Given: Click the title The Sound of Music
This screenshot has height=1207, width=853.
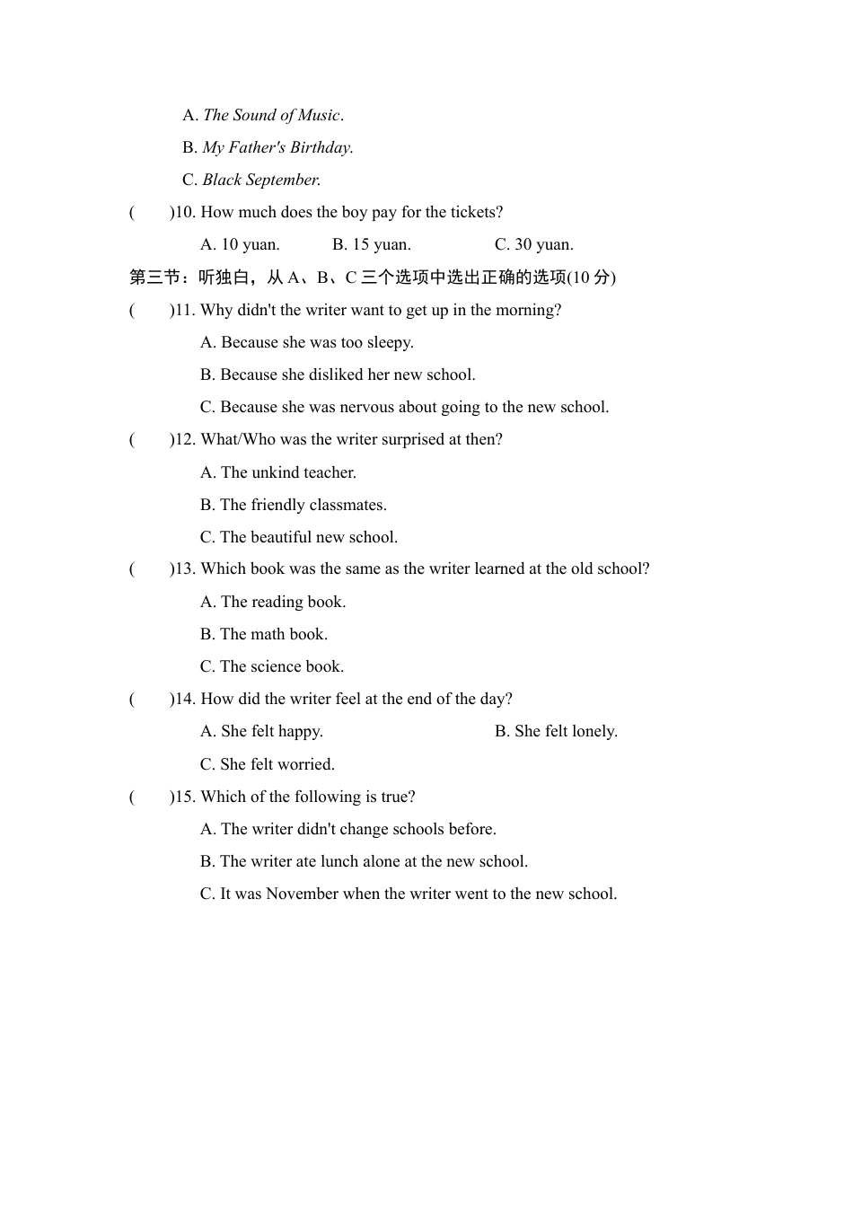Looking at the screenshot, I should pos(272,115).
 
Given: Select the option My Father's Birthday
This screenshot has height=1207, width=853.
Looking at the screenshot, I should pos(277,147).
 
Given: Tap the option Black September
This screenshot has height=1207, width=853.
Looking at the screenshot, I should pos(260,180).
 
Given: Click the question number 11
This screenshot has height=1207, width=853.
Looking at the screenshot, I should pos(183,310).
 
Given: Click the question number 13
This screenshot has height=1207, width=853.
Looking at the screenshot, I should pos(183,568).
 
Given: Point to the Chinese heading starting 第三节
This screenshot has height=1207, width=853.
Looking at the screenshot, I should pos(373,277).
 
